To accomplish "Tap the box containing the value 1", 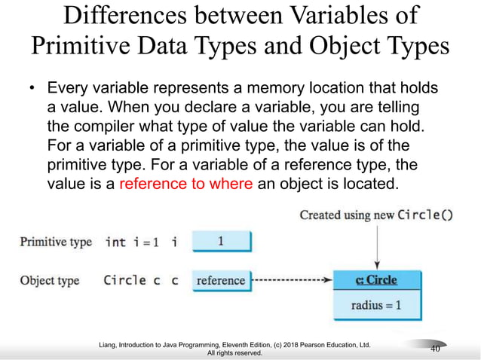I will tap(221, 242).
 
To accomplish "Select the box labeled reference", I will tap(220, 281).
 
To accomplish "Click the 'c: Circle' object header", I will tap(376, 281).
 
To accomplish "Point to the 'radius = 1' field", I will tap(376, 305).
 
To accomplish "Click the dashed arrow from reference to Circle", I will tap(291, 281).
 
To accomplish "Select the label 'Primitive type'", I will tap(56, 242).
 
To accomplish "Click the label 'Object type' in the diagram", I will tap(49, 281).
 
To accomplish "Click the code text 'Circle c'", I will tap(132, 281).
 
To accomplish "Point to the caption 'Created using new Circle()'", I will tap(376, 215).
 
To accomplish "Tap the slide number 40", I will tap(435, 349).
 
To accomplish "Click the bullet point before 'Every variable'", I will tap(32, 90).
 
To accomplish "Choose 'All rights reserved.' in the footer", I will tap(240, 352).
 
